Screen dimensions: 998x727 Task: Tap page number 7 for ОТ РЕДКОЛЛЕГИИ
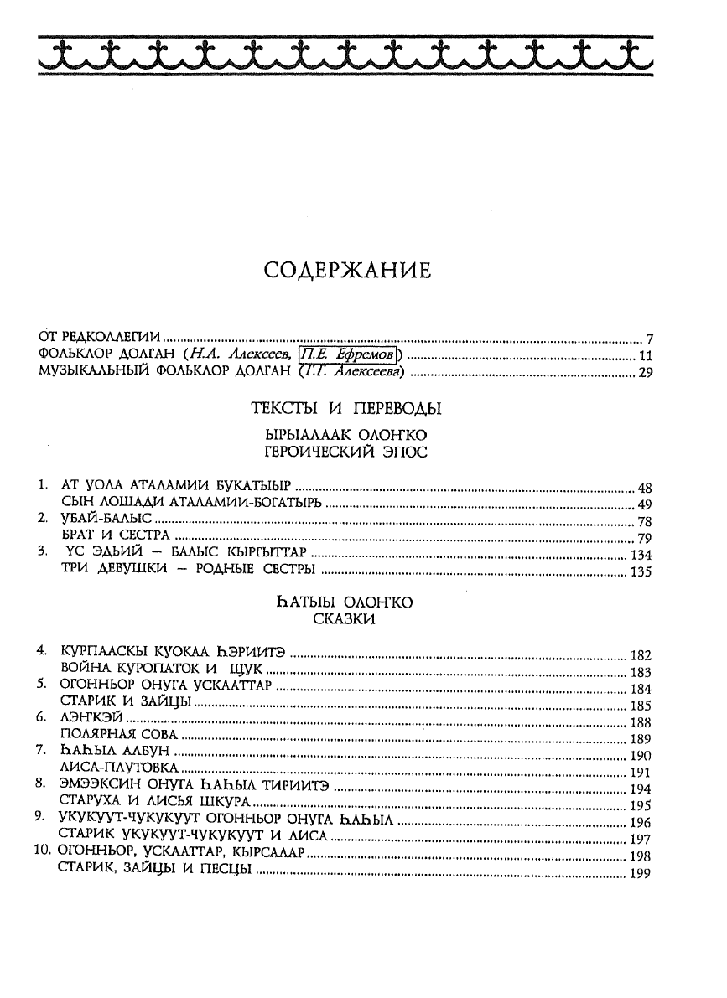click(649, 339)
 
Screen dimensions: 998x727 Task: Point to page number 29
click(645, 373)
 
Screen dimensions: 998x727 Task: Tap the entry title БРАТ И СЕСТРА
click(117, 536)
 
